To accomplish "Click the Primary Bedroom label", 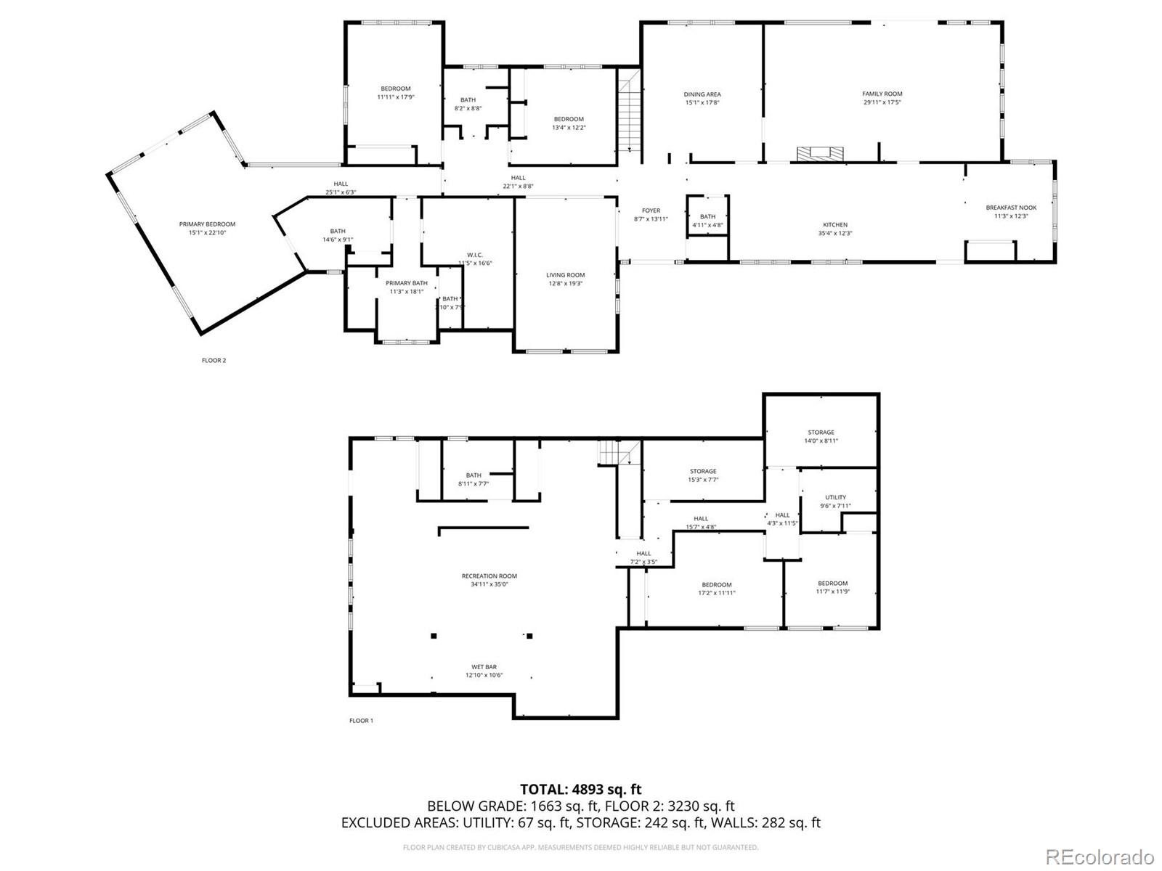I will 207,224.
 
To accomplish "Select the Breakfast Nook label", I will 1011,208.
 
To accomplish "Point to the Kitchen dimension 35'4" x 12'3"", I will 834,234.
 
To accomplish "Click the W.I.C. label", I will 475,255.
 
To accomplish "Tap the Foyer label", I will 651,210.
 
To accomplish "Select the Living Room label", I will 565,275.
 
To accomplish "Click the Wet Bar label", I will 484,666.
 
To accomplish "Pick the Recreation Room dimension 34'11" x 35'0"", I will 489,584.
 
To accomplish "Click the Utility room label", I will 835,497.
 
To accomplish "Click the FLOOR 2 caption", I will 214,360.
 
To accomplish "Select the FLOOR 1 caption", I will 361,721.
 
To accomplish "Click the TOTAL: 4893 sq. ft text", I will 580,789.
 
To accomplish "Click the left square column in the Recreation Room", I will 434,636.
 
